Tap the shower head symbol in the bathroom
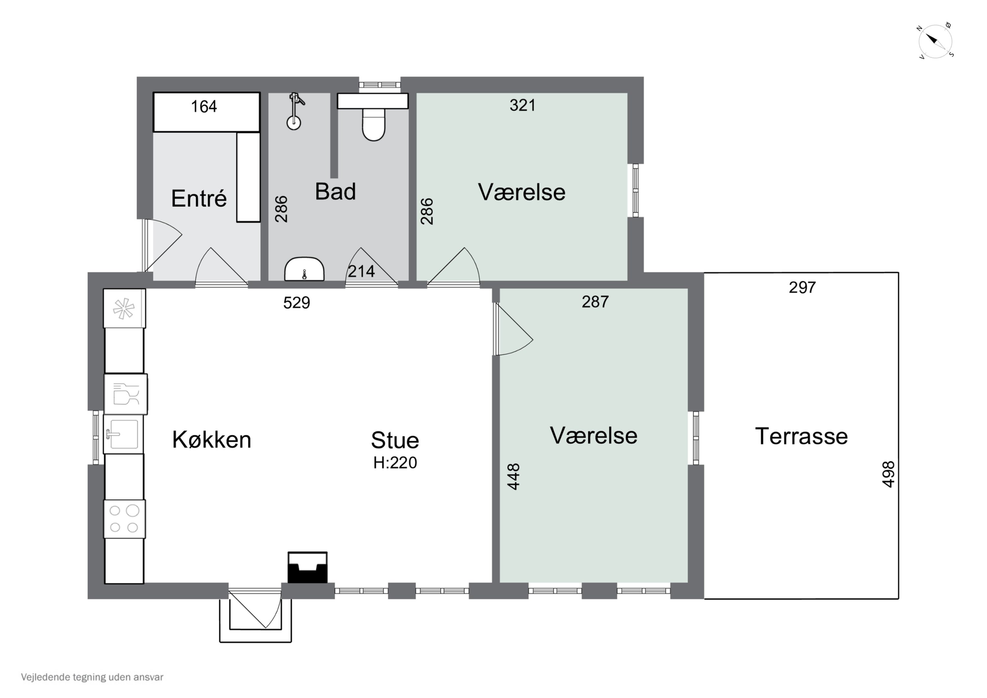(294, 111)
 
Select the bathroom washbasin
(304, 269)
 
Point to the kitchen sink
(123, 434)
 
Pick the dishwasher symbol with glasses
(126, 394)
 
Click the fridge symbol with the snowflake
(124, 308)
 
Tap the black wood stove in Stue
(307, 568)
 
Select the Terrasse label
(801, 436)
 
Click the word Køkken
(212, 440)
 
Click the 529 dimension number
(297, 303)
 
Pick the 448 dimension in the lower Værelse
(514, 477)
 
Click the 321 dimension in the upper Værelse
(523, 105)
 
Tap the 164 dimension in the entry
(204, 107)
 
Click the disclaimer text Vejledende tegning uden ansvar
(92, 677)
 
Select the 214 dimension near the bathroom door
(361, 271)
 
